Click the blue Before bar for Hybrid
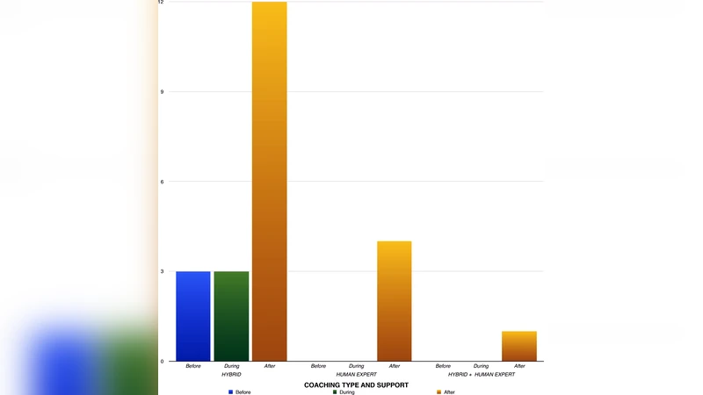coord(193,316)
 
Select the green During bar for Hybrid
coord(231,316)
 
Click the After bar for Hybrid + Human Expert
coord(519,346)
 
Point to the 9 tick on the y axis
coord(161,92)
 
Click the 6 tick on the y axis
coord(161,182)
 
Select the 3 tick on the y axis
coord(161,271)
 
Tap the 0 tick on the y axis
coord(161,361)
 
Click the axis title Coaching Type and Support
coord(356,384)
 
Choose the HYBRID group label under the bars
coord(231,375)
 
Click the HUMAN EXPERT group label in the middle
coord(356,375)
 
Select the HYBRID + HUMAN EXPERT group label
coord(482,375)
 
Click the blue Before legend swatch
coord(231,391)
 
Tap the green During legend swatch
coord(335,391)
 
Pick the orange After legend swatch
coord(439,391)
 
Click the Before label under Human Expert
coord(318,366)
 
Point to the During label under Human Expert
coord(356,366)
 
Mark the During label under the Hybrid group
coord(231,366)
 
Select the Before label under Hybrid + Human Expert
coord(443,366)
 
